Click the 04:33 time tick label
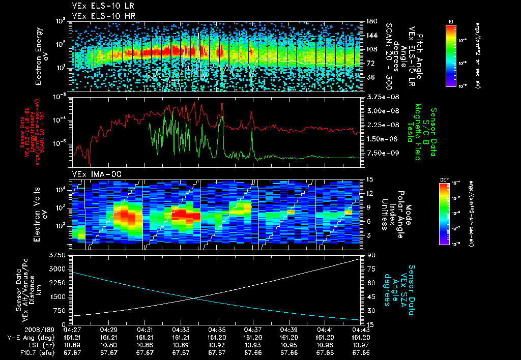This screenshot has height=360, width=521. click(181, 330)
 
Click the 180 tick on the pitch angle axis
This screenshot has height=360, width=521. click(370, 21)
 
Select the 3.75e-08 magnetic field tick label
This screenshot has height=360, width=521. click(381, 97)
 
